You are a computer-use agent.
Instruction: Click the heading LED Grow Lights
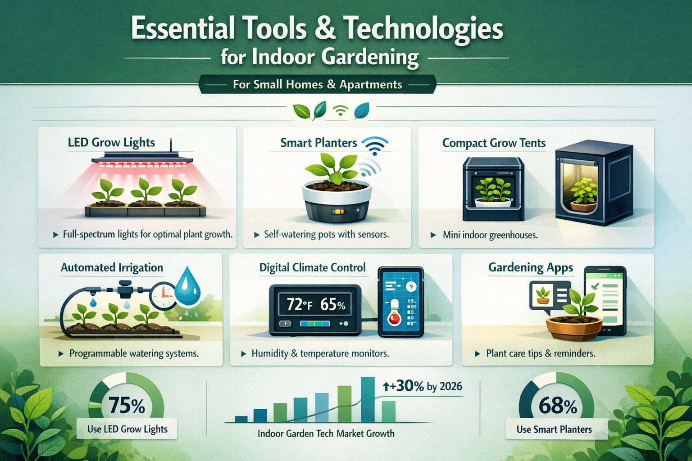point(111,143)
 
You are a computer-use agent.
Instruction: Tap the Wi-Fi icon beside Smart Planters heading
point(375,145)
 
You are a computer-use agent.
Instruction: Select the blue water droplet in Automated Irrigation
point(188,286)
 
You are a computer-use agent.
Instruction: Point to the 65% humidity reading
point(333,305)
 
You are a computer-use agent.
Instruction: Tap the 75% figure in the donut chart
point(127,405)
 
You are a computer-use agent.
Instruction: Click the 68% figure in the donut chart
point(557,406)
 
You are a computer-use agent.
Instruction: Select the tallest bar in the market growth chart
point(368,399)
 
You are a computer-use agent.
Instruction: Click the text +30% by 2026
point(423,386)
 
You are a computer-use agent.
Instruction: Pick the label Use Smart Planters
point(554,429)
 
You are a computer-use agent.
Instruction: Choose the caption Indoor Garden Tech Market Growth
point(326,434)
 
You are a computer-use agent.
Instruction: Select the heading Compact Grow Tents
point(494,143)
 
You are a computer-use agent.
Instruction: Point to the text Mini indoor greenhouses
point(490,235)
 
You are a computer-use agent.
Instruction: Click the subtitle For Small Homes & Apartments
point(317,85)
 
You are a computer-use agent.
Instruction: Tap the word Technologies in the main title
point(423,29)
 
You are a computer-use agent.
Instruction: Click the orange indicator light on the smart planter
point(338,211)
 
